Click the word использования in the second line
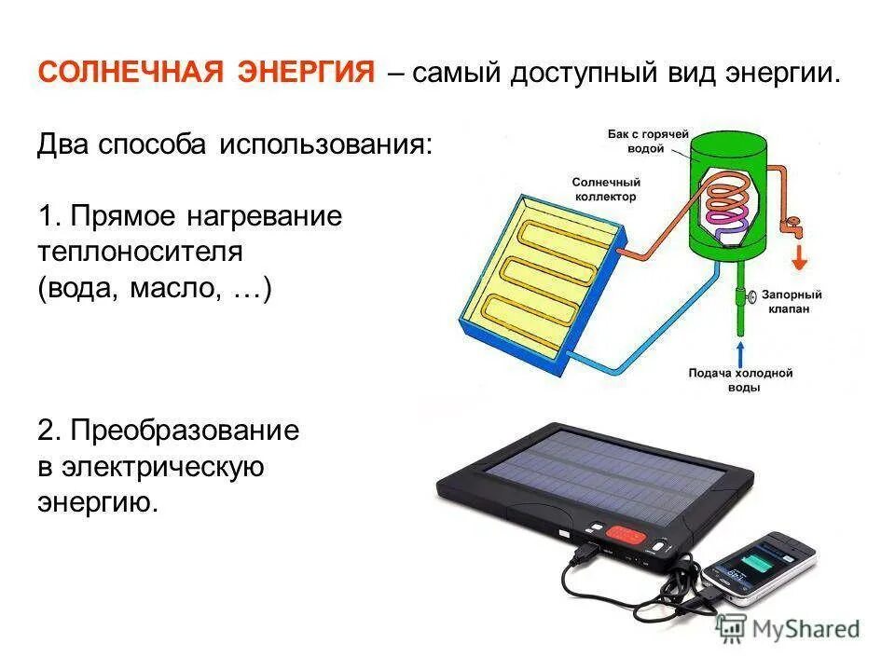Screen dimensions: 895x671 tap(326, 146)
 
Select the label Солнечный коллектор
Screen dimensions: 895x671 tap(604, 190)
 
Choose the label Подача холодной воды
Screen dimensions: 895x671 tap(739, 379)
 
